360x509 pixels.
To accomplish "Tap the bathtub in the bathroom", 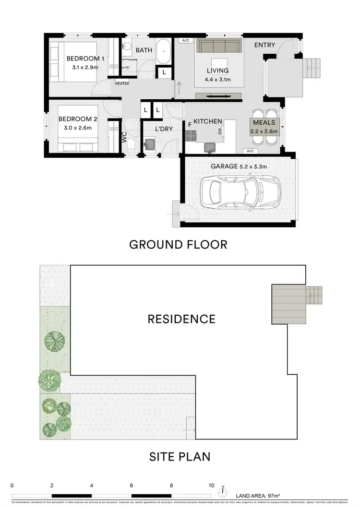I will [164, 52].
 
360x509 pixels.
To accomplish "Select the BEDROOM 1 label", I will [85, 59].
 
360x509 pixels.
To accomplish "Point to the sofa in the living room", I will [219, 47].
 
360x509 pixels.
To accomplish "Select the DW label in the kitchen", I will [219, 131].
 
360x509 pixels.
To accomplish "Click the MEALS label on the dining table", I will [264, 123].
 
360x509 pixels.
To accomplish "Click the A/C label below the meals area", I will [250, 151].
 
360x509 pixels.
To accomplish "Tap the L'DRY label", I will [164, 129].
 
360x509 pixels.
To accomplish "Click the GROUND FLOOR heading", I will [178, 245].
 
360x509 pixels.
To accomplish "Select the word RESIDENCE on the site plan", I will [181, 319].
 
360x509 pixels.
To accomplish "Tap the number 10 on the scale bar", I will [211, 485].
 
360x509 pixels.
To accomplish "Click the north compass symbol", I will [223, 491].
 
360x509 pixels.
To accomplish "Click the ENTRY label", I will [264, 45].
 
